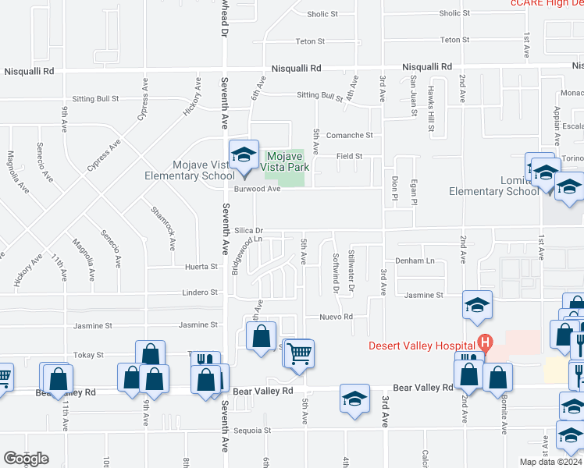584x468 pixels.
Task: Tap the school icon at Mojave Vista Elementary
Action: tap(244, 155)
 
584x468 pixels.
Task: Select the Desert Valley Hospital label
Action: tap(421, 345)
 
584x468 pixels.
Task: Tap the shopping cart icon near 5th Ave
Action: tap(298, 353)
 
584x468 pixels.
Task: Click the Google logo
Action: tap(26, 459)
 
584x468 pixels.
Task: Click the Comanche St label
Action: tap(350, 135)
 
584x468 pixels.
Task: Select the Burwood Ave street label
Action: tap(257, 189)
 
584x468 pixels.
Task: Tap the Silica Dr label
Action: tap(249, 231)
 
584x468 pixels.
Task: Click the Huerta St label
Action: tap(201, 267)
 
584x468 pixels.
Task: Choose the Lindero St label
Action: tap(201, 292)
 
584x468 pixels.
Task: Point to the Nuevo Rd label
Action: tap(337, 317)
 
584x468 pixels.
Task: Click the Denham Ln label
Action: tap(414, 261)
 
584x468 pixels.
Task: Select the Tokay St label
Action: tap(88, 355)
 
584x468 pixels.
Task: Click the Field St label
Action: tap(349, 156)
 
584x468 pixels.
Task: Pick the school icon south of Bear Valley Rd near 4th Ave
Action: tap(354, 398)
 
